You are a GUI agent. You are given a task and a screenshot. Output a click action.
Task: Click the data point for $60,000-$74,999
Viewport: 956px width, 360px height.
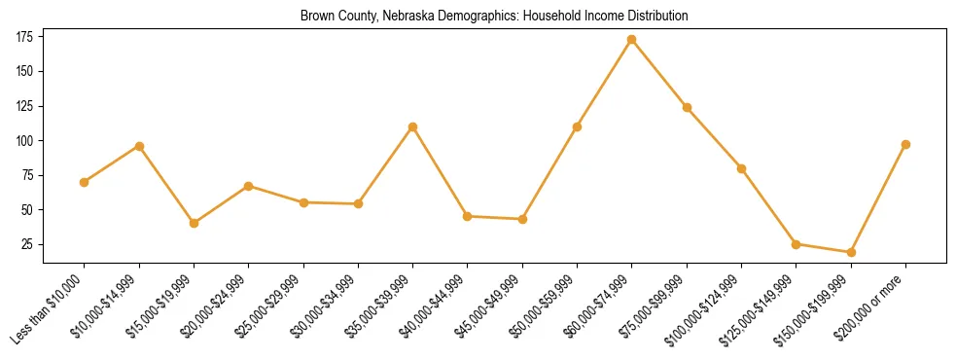point(632,40)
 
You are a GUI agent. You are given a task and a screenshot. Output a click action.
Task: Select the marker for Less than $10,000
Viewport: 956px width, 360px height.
point(85,182)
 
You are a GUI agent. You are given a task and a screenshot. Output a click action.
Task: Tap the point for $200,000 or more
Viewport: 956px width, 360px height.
point(905,144)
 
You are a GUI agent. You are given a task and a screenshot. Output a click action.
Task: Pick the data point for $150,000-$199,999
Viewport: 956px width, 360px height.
point(851,252)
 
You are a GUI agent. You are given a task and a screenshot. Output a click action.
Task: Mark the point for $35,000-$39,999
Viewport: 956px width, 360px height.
point(413,126)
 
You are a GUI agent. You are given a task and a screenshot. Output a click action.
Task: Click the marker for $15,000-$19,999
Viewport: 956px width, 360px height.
point(195,223)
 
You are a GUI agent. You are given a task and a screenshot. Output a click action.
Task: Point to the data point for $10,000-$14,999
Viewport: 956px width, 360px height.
point(139,146)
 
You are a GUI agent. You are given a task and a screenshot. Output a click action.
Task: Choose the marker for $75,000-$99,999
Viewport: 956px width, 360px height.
point(687,107)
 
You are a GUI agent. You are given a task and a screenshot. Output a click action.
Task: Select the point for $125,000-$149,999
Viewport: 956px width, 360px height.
point(797,244)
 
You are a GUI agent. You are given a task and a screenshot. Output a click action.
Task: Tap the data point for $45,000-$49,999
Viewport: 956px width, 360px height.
point(522,219)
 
